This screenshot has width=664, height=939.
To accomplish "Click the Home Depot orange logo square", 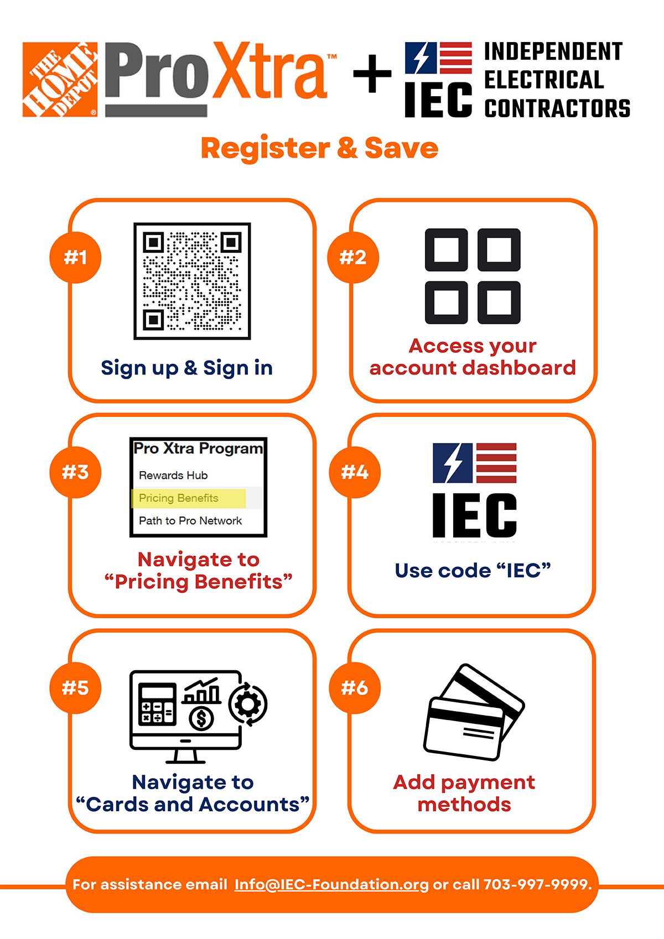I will [60, 79].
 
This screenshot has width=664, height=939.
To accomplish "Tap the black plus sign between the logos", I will [372, 74].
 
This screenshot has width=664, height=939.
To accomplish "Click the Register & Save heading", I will [319, 148].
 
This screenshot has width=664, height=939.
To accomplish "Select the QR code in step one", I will [192, 281].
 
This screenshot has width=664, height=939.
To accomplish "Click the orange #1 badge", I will [75, 257].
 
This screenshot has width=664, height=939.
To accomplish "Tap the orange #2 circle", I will [353, 257].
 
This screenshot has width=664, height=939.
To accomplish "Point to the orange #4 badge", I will [355, 472].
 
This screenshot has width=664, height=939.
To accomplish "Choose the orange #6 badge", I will [355, 687].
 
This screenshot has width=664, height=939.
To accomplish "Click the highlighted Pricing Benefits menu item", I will [179, 498].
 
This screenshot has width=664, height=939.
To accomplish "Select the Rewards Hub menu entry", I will [173, 476].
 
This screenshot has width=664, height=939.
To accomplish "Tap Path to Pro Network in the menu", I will [190, 521].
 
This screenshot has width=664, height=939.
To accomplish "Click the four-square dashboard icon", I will [473, 276].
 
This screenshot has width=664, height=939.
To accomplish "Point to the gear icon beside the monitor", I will [248, 704].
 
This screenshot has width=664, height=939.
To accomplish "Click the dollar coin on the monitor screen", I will [201, 718].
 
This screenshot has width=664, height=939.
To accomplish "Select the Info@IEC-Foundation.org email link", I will [331, 884].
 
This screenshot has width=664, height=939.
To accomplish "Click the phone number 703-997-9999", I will [535, 884].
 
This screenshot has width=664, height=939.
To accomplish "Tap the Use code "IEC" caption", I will [473, 571].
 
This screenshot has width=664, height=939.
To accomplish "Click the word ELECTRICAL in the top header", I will [544, 80].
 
